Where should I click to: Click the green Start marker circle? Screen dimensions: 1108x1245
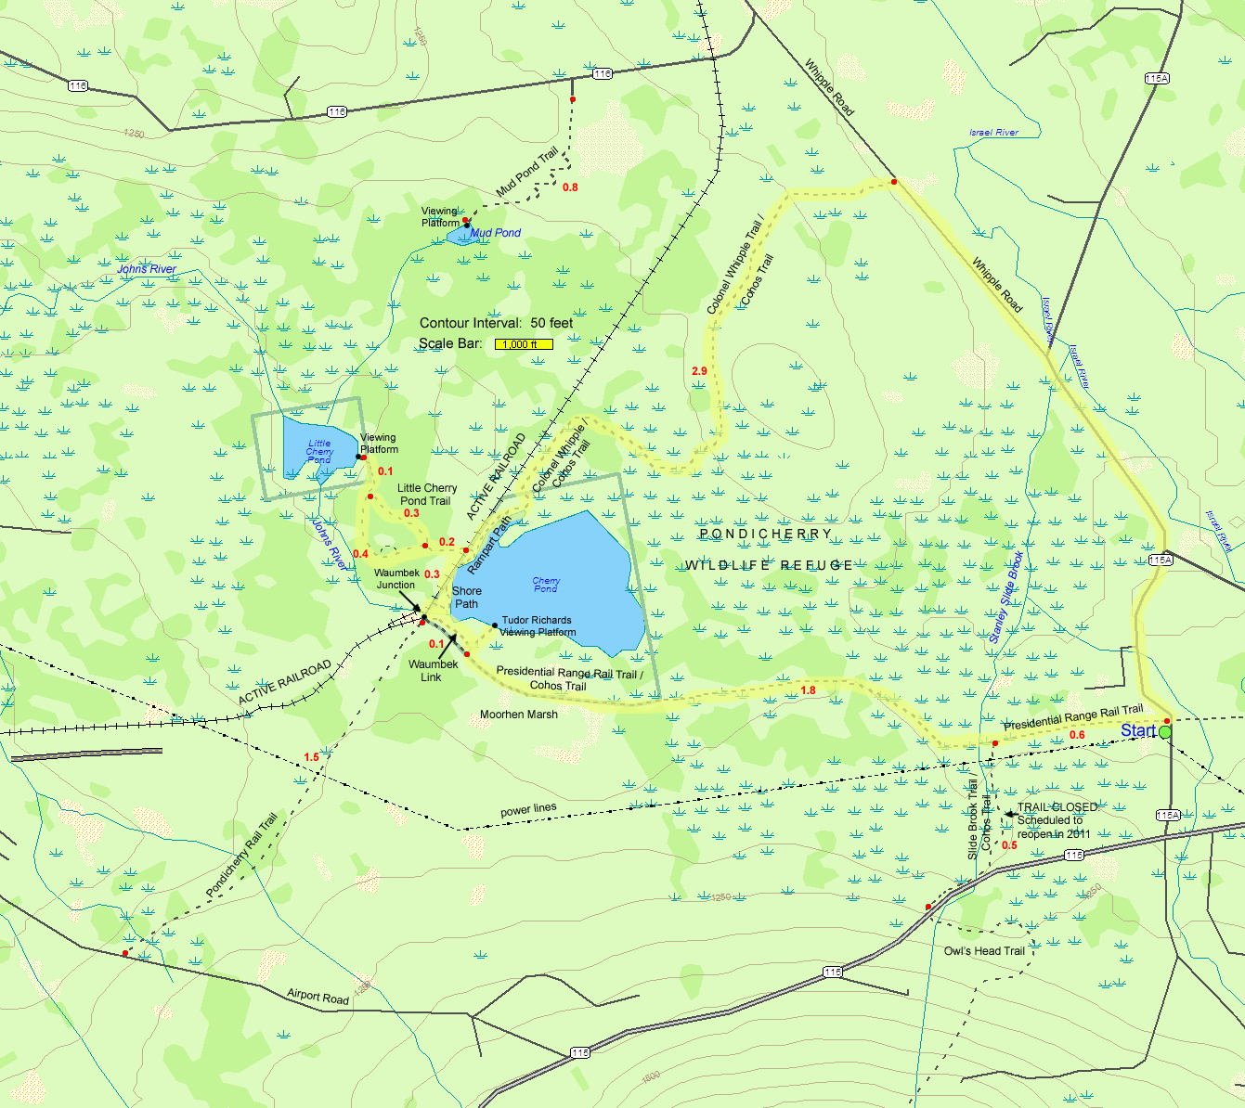pos(1164,733)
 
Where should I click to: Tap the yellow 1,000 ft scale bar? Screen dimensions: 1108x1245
pos(524,344)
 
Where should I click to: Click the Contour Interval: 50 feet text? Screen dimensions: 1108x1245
pos(496,323)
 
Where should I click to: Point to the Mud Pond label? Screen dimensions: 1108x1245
pos(495,233)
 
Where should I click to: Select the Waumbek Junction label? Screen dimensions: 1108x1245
pos(396,579)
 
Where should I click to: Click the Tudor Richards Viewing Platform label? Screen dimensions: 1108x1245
pos(538,626)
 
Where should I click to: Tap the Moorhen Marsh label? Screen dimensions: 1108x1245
pos(518,715)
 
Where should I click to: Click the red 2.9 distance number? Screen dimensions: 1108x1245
pos(699,371)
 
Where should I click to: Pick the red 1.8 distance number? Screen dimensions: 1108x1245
pos(808,690)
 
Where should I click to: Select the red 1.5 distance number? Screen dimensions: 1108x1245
pos(311,757)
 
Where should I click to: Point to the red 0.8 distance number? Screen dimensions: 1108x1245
pos(570,187)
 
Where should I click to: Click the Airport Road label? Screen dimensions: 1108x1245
pos(318,997)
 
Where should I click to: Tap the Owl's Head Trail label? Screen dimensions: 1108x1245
pos(984,951)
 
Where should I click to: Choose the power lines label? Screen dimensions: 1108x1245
pos(528,810)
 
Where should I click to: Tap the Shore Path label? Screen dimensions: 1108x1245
pos(467,598)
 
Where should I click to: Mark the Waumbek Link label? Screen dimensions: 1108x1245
pos(433,671)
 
